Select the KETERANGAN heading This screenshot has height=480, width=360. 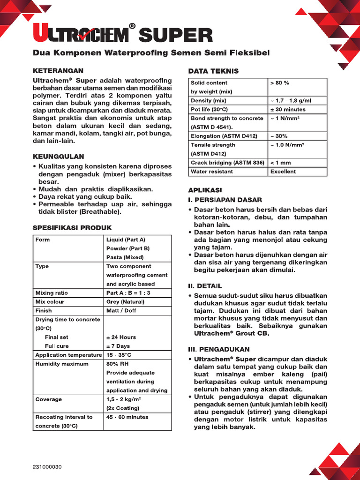(x=58, y=70)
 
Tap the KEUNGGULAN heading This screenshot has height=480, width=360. (x=58, y=156)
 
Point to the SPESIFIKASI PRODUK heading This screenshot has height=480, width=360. (x=72, y=228)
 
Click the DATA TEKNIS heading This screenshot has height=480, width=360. (x=213, y=71)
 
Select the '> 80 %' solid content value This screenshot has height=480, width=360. (x=280, y=83)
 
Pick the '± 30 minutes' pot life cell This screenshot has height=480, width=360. (x=288, y=109)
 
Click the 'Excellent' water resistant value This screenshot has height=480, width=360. (x=283, y=172)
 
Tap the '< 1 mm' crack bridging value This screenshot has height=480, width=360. (x=281, y=163)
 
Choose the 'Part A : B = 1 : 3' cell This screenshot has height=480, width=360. (x=129, y=292)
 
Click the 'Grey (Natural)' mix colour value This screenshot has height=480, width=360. (x=125, y=301)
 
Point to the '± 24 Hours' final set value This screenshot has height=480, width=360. (x=121, y=337)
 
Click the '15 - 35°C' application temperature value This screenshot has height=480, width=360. (x=119, y=355)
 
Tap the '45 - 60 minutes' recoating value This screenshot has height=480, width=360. (x=127, y=417)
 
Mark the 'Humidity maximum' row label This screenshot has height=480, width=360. (x=62, y=364)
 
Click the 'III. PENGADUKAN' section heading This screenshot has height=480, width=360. (x=219, y=349)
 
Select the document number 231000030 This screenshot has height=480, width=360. (x=47, y=467)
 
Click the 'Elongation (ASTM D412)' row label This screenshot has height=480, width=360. (x=224, y=136)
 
